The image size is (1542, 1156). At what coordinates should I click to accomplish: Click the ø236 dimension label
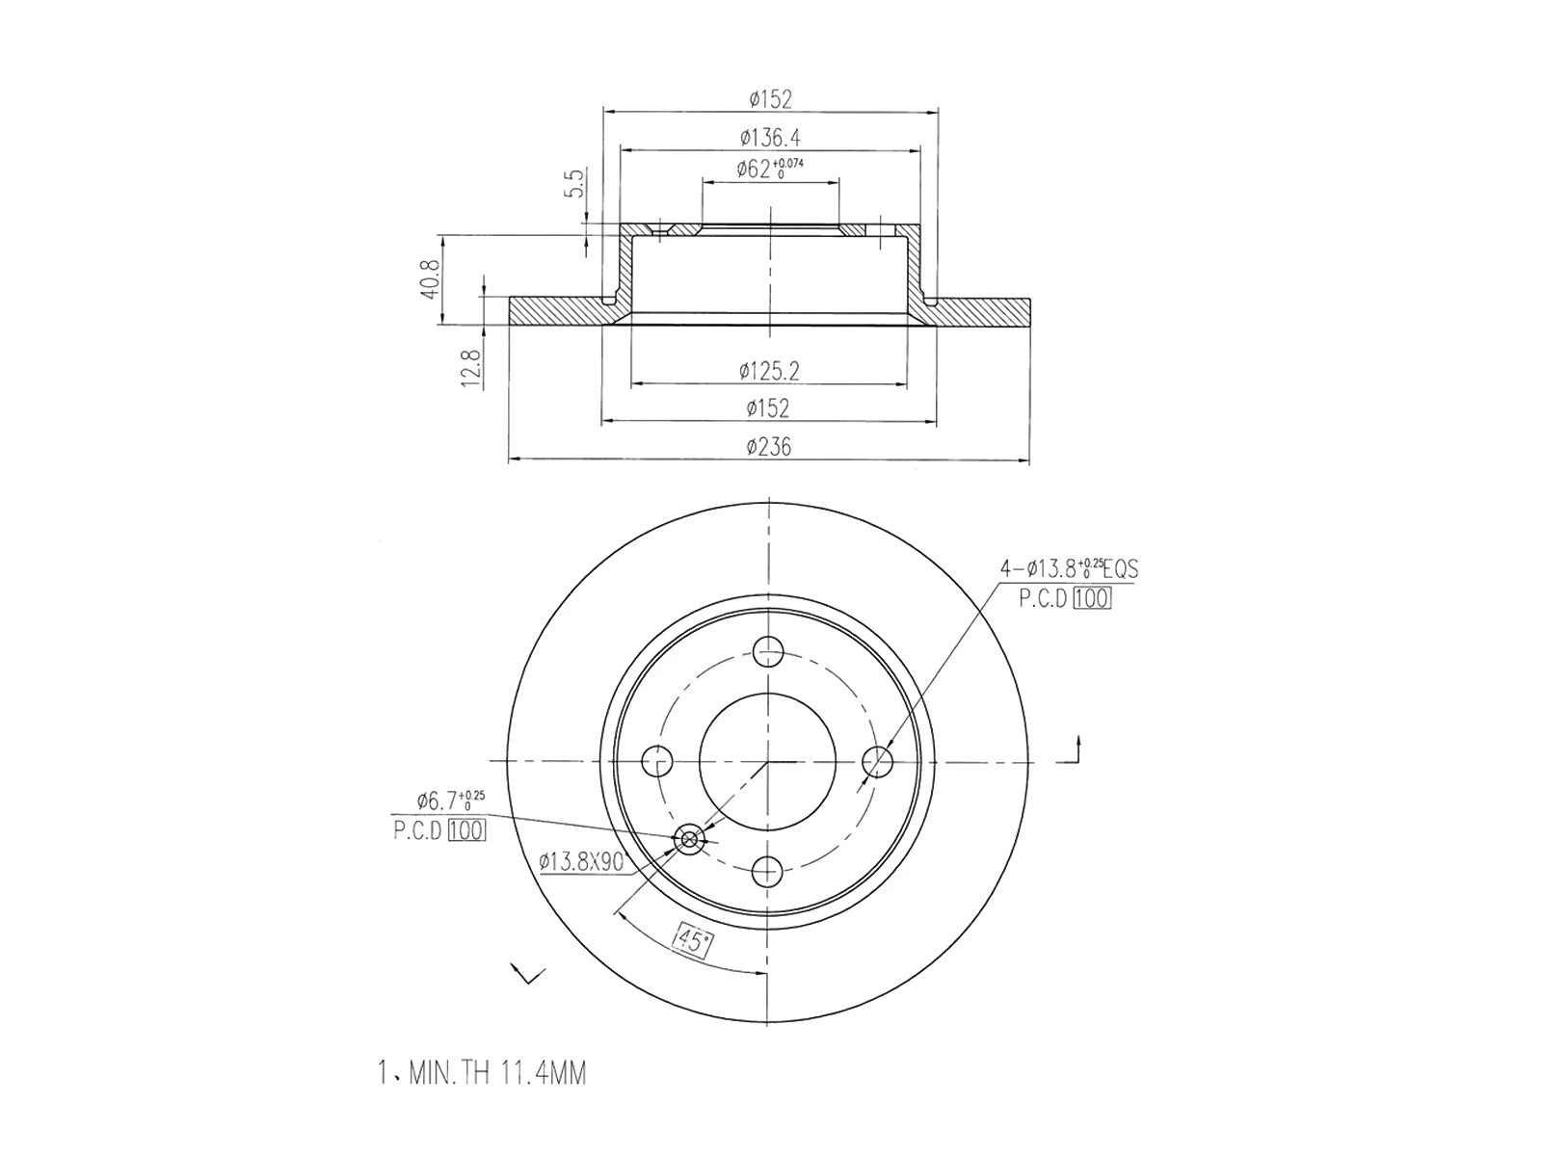point(768,447)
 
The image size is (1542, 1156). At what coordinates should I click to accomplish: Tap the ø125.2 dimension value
point(770,370)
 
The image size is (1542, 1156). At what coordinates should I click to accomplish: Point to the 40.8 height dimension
point(430,278)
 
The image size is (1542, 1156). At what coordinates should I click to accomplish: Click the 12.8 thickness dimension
point(471,367)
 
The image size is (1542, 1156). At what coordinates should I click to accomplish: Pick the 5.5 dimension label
point(575,182)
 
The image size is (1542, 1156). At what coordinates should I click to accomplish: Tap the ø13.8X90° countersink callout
point(581,861)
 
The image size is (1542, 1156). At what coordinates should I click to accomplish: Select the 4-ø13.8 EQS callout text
point(1069,568)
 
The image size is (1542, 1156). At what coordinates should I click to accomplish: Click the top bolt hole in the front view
point(768,651)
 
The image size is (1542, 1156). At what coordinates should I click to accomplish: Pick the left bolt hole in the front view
point(658,761)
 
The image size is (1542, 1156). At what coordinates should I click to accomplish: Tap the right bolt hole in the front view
point(878,761)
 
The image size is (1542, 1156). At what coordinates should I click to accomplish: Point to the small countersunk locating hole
point(689,839)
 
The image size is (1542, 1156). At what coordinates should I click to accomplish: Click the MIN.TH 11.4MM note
point(482,1073)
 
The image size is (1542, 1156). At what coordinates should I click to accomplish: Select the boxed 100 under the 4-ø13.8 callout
point(1091,598)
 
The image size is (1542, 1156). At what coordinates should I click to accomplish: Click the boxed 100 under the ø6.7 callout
point(466,830)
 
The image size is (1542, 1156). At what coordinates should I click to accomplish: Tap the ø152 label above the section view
point(770,98)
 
